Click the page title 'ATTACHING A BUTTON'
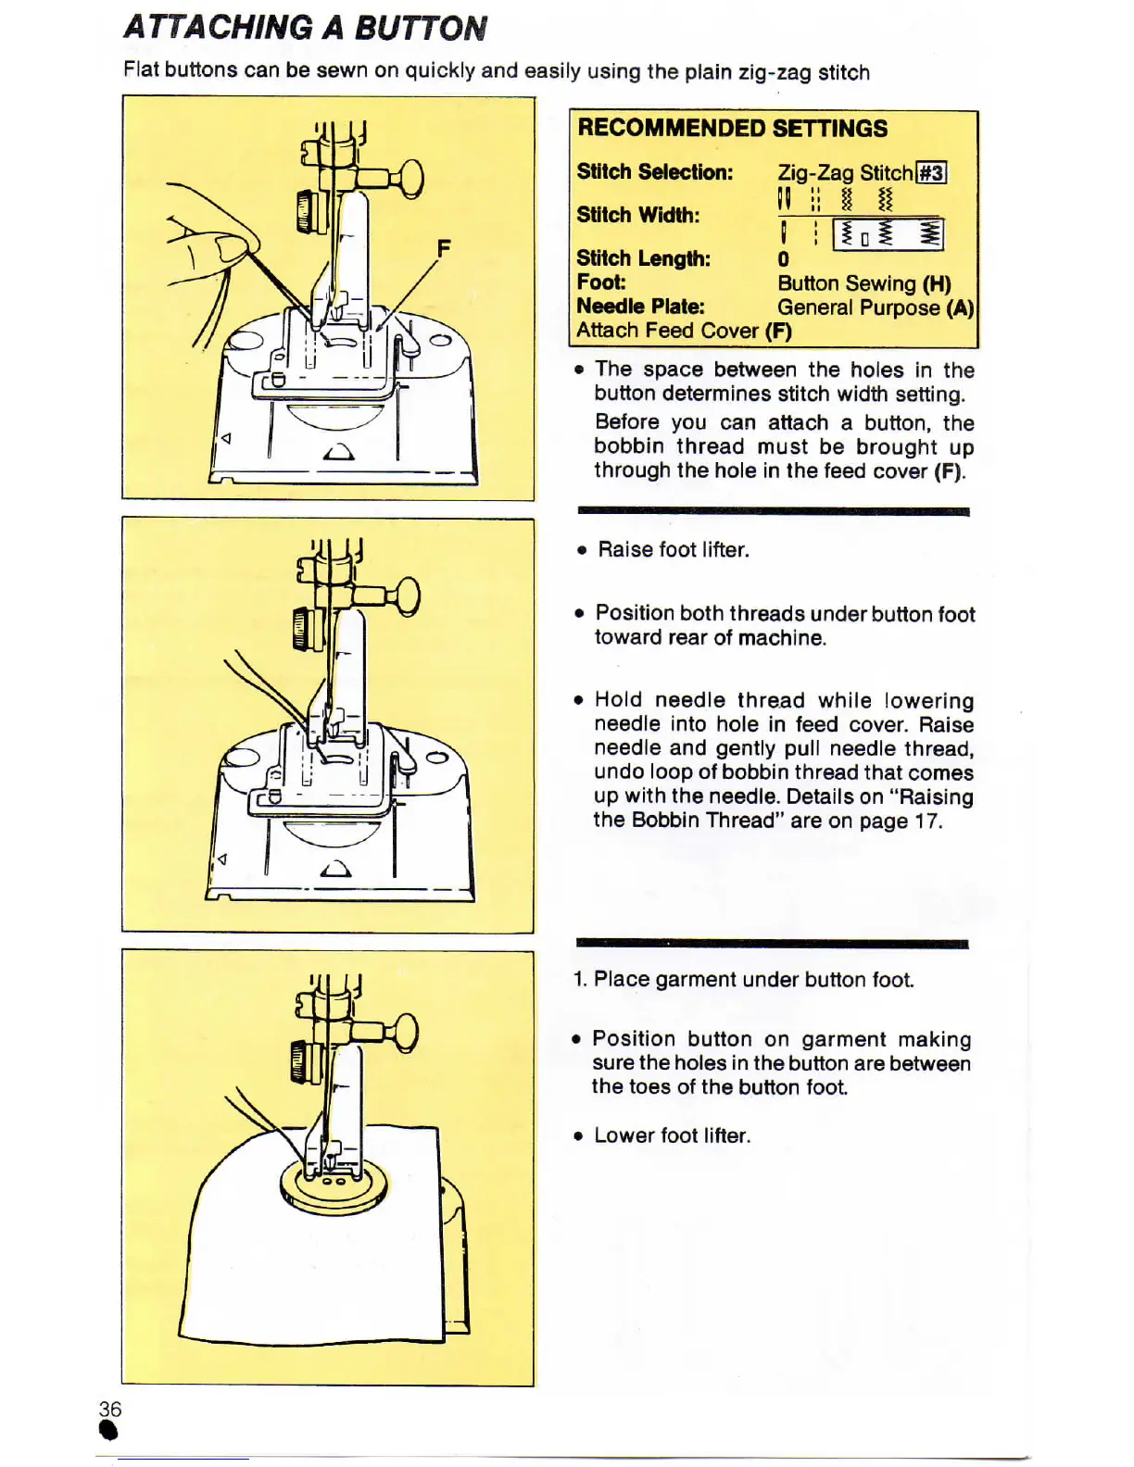305,28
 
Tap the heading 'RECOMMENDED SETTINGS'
732,128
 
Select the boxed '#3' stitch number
930,173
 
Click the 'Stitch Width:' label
637,215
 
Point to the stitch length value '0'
784,259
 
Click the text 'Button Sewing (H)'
863,283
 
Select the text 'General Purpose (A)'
875,307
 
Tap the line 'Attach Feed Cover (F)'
684,331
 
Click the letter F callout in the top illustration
444,248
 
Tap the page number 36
109,1409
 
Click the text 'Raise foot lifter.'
673,550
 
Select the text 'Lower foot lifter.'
672,1135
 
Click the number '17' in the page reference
926,821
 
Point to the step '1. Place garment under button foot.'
743,980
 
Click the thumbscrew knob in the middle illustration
407,596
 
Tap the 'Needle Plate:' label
639,307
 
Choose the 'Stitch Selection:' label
654,172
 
